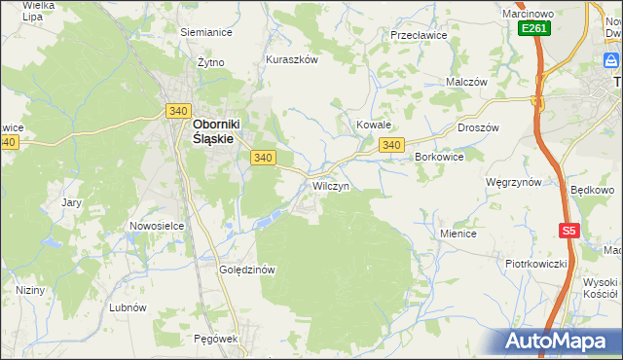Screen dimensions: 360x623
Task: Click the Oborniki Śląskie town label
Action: tap(213, 131)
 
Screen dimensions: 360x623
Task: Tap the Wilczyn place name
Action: tap(330, 185)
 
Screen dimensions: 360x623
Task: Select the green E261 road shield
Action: tap(533, 28)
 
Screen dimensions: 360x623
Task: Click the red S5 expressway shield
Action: tap(569, 231)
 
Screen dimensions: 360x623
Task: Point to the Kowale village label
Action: tap(373, 126)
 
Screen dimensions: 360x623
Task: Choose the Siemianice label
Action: tap(205, 31)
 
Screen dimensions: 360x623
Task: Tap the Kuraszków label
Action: tap(292, 59)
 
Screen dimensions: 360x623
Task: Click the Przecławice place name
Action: tap(418, 34)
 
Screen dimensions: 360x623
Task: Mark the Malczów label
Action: tap(465, 83)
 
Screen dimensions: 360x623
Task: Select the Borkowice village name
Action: tap(439, 156)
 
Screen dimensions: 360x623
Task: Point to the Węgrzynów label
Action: tap(513, 182)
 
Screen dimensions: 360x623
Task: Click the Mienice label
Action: tap(458, 234)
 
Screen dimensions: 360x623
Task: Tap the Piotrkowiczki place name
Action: tap(535, 264)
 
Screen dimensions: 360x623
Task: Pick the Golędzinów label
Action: tap(249, 270)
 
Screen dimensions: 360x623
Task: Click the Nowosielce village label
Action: tap(157, 226)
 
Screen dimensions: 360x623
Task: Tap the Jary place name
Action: tap(71, 202)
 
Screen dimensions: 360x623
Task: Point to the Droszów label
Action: tap(477, 127)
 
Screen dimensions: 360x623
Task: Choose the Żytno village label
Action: tap(210, 62)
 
